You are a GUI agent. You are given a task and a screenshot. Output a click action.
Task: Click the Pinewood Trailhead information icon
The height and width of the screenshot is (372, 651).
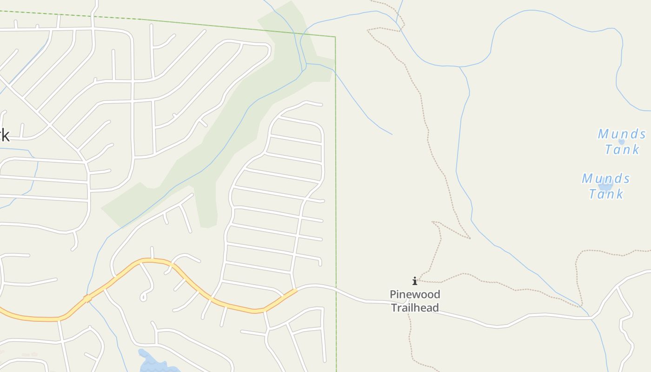pyautogui.click(x=414, y=281)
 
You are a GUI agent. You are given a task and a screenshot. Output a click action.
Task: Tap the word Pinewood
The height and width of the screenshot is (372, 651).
pyautogui.click(x=415, y=294)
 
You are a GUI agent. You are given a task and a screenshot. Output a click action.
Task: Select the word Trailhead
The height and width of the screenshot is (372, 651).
pyautogui.click(x=415, y=307)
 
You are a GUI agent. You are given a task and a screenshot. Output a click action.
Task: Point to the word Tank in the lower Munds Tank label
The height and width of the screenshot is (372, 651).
pyautogui.click(x=606, y=193)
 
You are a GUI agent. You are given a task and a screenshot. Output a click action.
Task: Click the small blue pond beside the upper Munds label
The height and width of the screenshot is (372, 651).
pyautogui.click(x=621, y=142)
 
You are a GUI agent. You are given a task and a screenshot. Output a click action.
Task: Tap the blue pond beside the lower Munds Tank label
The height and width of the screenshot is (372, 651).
pyautogui.click(x=605, y=185)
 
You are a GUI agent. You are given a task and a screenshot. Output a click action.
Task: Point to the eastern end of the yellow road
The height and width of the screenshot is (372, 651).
pyautogui.click(x=294, y=291)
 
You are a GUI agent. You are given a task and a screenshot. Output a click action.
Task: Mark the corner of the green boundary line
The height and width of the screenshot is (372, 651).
pyautogui.click(x=335, y=37)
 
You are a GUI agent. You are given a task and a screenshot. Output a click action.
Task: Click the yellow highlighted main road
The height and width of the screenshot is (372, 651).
pyautogui.click(x=186, y=279)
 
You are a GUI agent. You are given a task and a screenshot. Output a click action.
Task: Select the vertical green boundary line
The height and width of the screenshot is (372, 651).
pyautogui.click(x=336, y=186)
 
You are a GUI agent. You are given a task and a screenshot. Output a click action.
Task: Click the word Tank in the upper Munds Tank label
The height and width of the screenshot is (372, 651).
pyautogui.click(x=622, y=149)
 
